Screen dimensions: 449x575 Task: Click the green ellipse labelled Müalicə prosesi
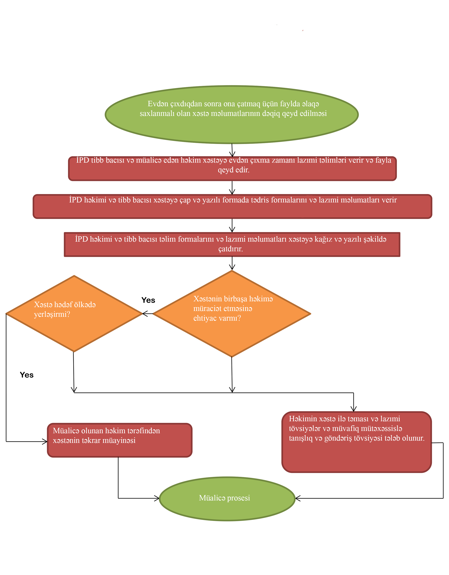pos(227,498)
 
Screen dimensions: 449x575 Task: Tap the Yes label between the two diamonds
pos(148,300)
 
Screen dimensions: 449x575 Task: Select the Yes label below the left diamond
pos(27,375)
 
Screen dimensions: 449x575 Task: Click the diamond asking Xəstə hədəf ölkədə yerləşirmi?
pos(74,313)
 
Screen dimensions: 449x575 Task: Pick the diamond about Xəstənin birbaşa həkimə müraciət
pos(232,313)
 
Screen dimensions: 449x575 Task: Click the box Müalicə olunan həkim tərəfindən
pos(120,440)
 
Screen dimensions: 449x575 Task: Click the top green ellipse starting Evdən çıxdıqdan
pos(232,115)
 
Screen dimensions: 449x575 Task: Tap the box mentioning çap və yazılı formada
pos(232,207)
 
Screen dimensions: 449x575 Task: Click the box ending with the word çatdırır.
pos(232,244)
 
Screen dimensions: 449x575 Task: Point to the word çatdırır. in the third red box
pos(230,249)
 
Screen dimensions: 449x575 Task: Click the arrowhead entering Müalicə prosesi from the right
pos(298,498)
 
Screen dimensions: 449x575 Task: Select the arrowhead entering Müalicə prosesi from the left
pos(157,498)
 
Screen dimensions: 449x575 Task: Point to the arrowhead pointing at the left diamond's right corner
pos(145,313)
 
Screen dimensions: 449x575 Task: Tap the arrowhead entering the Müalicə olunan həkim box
pos(45,442)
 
